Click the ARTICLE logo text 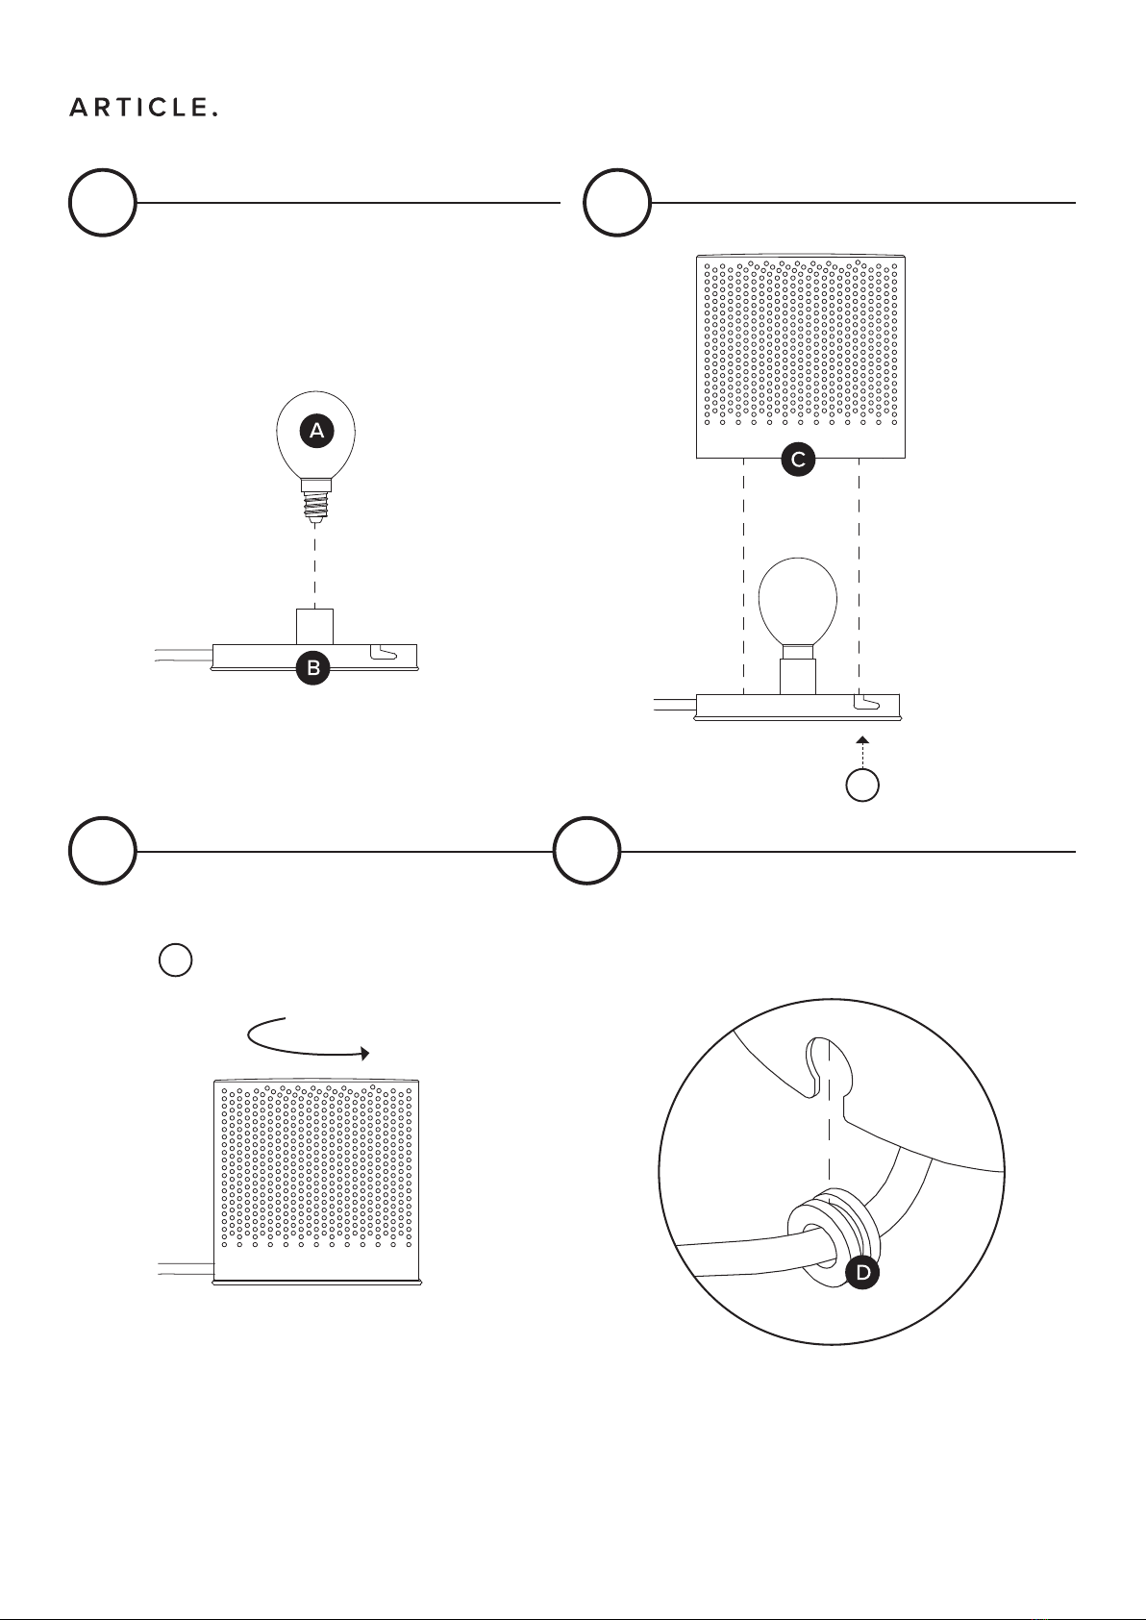[x=143, y=108]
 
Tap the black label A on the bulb [x=316, y=431]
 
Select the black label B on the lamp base [x=313, y=668]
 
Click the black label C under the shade [x=798, y=460]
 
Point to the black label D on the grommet [x=862, y=1273]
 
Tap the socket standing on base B [x=314, y=626]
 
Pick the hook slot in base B [x=384, y=653]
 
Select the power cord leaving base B [x=184, y=656]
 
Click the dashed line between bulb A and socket [x=314, y=565]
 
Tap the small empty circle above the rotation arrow [x=175, y=960]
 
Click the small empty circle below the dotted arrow [x=861, y=785]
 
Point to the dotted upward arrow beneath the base [x=861, y=752]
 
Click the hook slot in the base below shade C [x=867, y=702]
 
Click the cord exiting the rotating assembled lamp [x=186, y=1268]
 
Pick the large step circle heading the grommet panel [x=586, y=851]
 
